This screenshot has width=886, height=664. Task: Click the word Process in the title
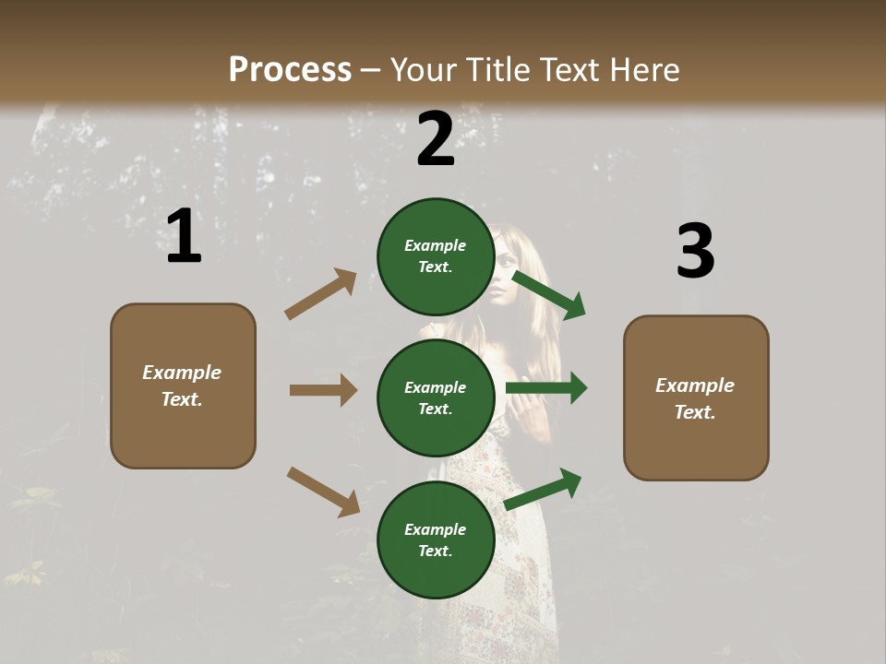[290, 69]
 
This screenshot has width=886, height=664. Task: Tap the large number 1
[184, 237]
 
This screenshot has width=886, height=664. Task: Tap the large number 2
[435, 139]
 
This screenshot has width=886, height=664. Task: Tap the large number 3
[695, 252]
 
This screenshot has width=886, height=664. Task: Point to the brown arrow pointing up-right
[321, 294]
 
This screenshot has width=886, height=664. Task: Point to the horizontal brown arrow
[323, 390]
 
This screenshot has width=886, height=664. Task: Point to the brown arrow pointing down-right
[323, 492]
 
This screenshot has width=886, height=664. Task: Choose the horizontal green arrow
[546, 388]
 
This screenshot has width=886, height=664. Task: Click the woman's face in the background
[505, 274]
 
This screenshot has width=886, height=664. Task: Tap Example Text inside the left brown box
[183, 385]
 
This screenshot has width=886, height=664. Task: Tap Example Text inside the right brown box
[696, 398]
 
